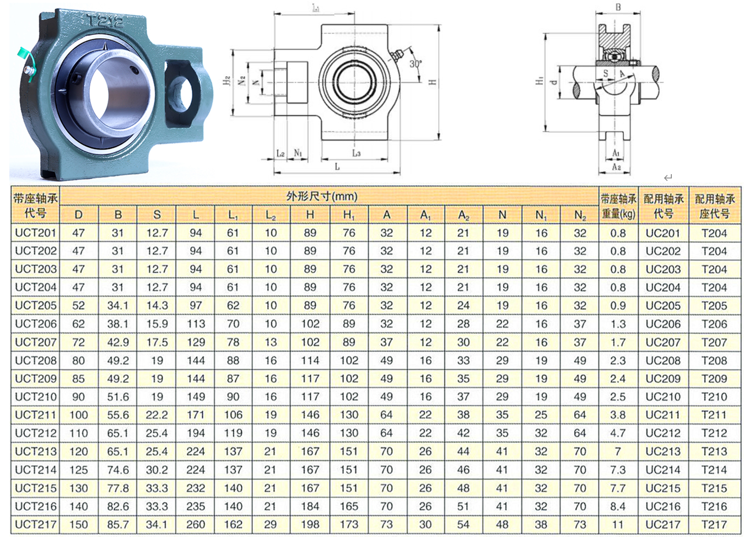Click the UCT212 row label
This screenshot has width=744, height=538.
point(36,433)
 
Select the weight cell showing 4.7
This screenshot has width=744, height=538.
point(617,433)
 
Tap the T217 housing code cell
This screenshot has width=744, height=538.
point(714,524)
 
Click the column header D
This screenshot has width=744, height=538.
point(78,215)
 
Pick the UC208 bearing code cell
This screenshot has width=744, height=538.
point(662,361)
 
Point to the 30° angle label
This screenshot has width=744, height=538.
point(416,64)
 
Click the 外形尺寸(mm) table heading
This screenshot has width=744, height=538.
point(321,196)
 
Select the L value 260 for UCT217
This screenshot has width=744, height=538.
point(196,524)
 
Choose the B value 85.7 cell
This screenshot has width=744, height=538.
point(118,524)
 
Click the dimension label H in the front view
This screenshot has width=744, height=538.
point(433,82)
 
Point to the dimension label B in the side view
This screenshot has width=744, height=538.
point(618,7)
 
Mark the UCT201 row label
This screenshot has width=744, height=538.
point(36,233)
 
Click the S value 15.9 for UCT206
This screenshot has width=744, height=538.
point(157,324)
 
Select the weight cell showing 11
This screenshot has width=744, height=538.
point(617,524)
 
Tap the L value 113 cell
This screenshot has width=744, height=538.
point(196,324)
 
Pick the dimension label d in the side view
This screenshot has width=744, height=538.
point(555,82)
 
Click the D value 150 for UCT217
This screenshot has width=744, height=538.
point(78,524)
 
